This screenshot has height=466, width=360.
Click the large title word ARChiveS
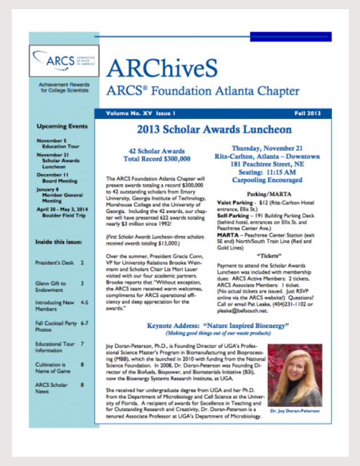click(x=162, y=69)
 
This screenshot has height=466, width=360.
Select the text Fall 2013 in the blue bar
click(x=309, y=114)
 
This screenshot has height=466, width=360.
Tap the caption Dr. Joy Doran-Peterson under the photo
click(x=295, y=411)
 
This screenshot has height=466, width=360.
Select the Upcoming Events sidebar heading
click(x=62, y=126)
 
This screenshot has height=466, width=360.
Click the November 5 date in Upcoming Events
click(x=52, y=140)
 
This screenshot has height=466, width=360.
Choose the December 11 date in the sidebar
click(x=53, y=175)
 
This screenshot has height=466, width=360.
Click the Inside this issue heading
click(x=59, y=242)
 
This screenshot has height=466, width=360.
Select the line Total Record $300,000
click(x=150, y=158)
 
